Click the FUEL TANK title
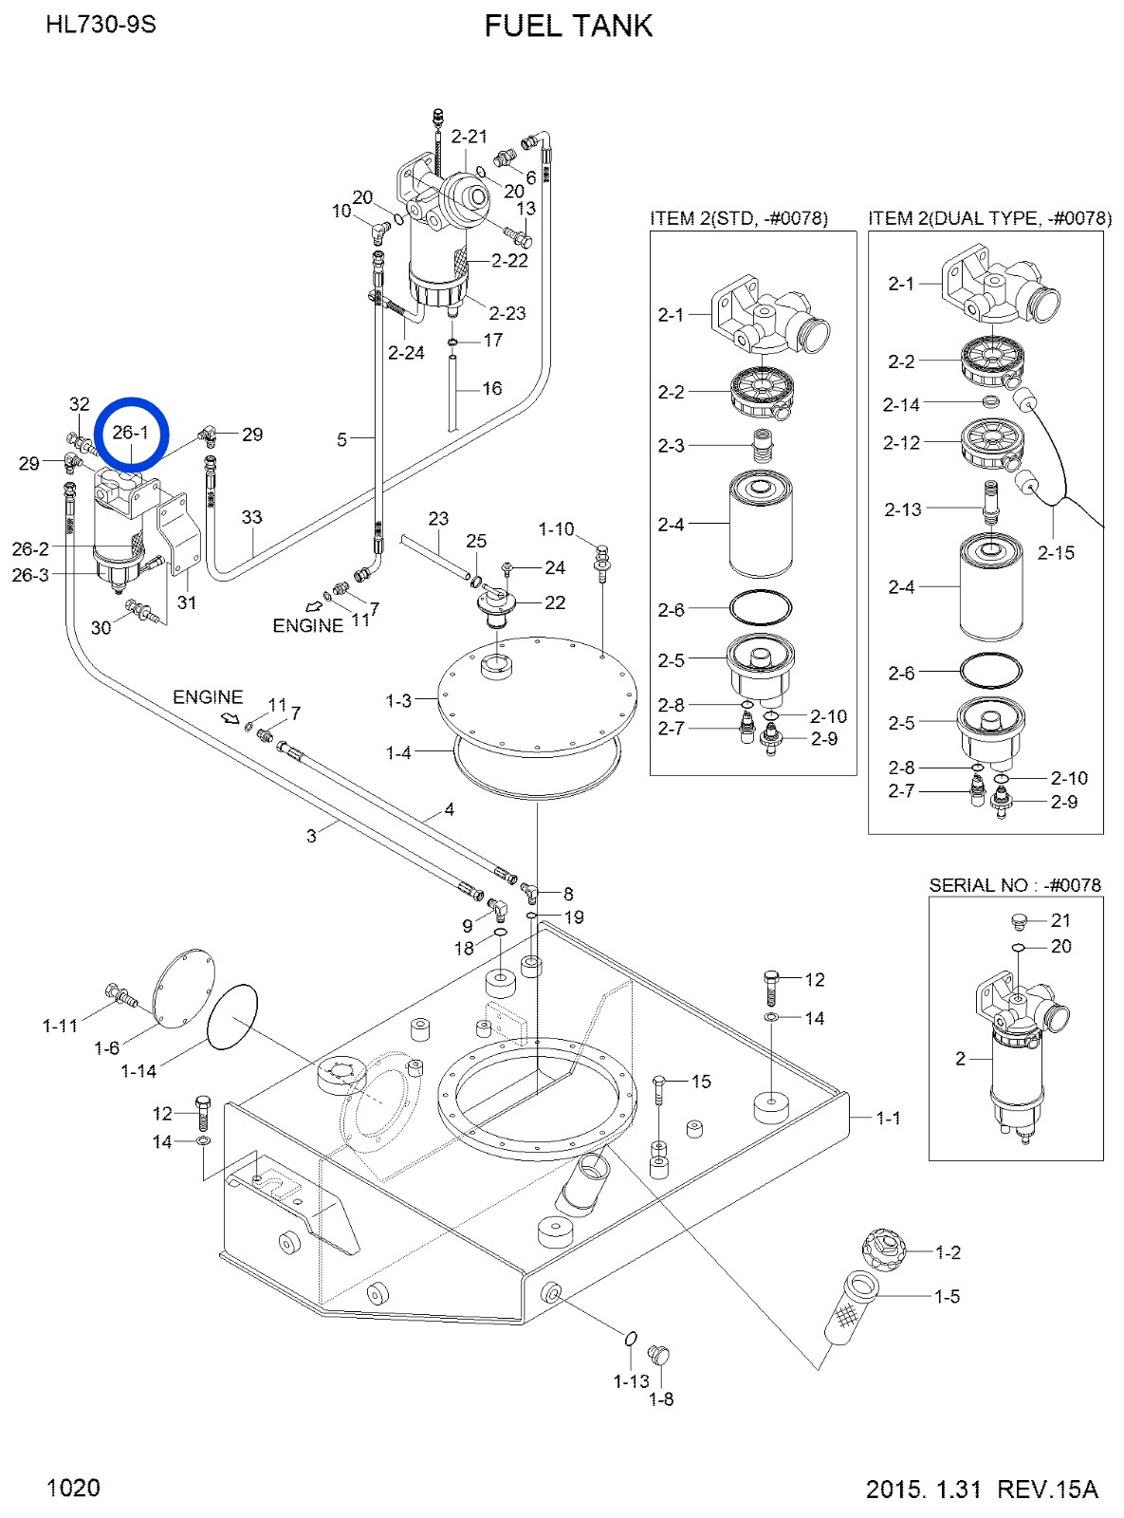click(568, 26)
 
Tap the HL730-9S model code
click(101, 25)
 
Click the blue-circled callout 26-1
click(130, 433)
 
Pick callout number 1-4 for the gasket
click(398, 753)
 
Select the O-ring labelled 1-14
click(232, 1017)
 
